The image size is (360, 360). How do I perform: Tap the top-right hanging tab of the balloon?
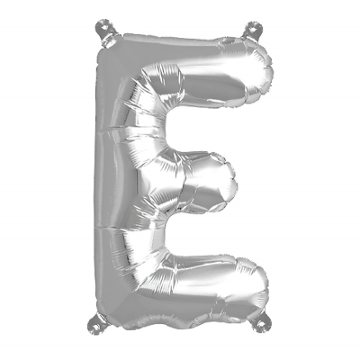[253, 31]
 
